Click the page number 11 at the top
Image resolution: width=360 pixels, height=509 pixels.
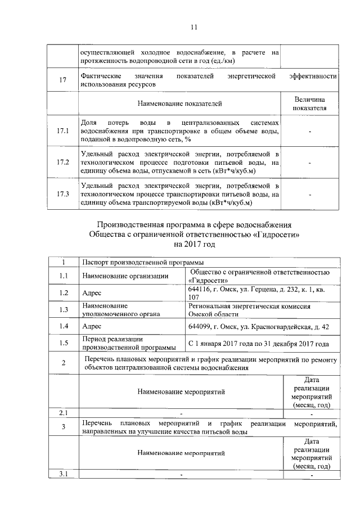194,27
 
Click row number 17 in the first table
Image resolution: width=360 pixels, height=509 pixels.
62,80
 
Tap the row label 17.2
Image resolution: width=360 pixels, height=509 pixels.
62,163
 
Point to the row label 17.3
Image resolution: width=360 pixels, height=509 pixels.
62,195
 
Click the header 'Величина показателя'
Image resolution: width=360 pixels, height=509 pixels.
310,103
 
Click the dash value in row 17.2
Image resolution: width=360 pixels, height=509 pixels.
310,163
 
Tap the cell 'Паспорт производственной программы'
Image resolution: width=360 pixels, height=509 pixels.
138,263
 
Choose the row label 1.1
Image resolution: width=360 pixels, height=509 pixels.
62,276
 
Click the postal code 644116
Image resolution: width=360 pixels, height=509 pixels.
199,289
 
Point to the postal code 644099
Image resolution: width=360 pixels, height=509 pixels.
200,326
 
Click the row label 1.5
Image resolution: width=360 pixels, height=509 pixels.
62,343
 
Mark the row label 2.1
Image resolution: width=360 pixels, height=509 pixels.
62,413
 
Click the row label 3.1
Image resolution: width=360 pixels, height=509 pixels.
62,474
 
